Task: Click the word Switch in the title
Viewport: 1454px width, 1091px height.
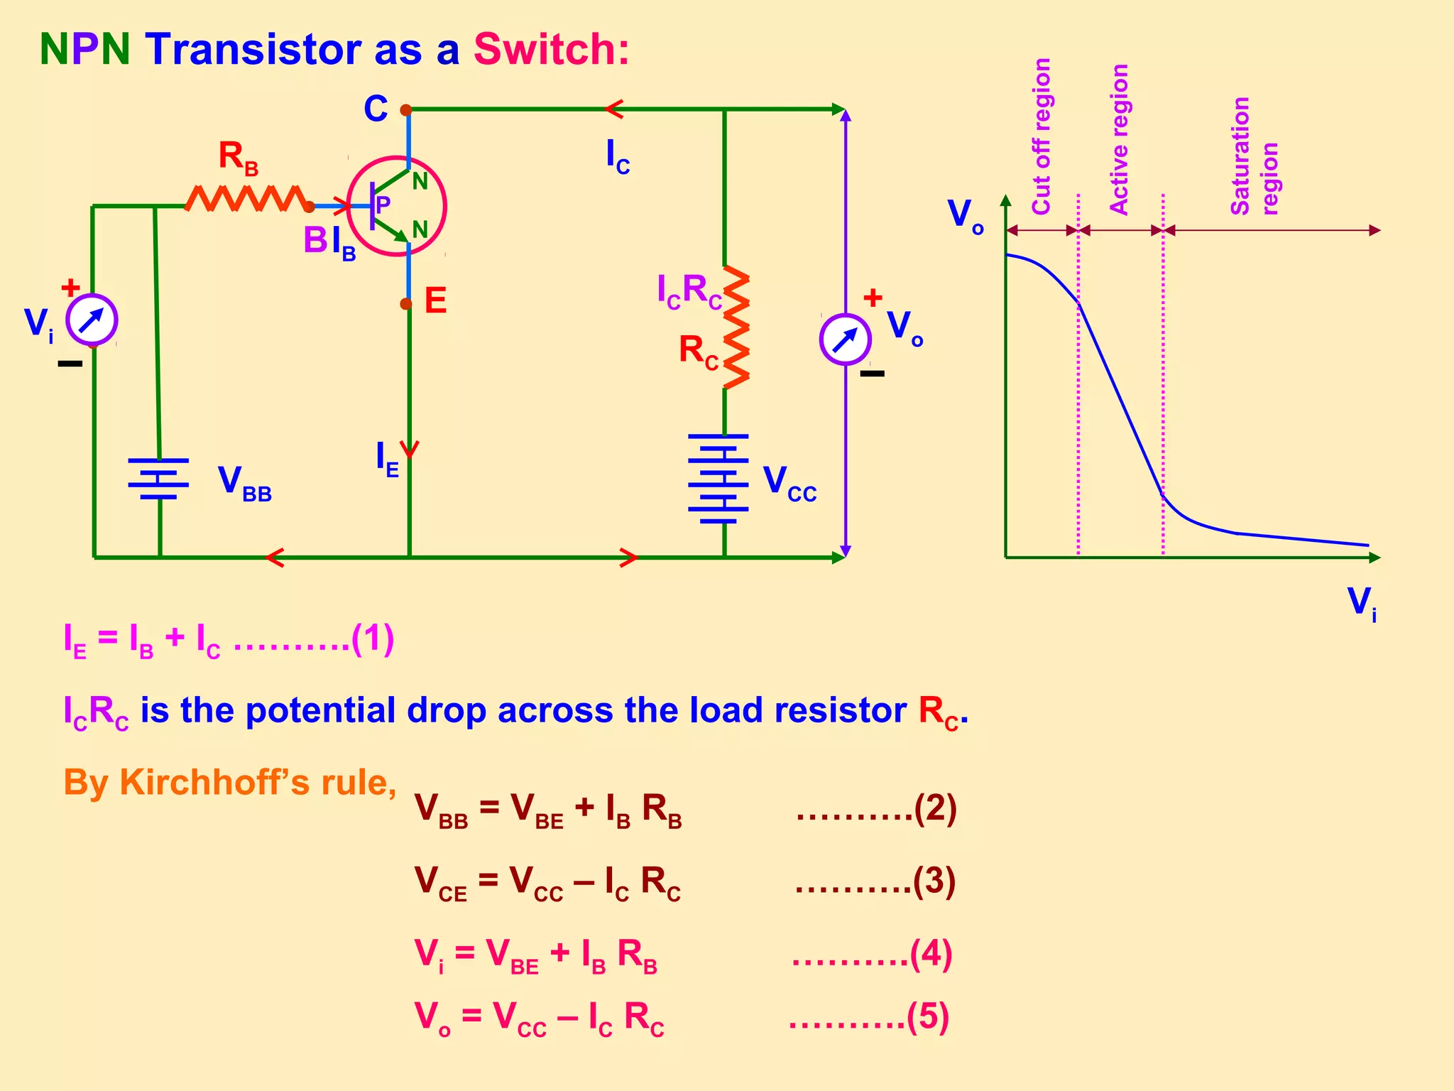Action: (550, 50)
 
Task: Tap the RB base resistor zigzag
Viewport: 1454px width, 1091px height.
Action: (246, 198)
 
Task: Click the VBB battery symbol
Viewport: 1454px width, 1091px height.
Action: (158, 479)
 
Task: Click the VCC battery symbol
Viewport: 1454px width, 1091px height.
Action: (718, 479)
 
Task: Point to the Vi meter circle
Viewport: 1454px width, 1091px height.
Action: (92, 320)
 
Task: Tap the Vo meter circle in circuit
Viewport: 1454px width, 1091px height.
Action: (845, 340)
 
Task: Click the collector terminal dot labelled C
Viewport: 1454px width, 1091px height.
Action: (405, 110)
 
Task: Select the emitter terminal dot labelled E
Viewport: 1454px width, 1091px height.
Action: (405, 304)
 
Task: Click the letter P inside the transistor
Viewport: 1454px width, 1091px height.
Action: (383, 205)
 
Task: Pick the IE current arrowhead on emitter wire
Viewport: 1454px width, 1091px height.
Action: (410, 450)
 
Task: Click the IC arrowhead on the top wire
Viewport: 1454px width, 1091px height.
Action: (613, 109)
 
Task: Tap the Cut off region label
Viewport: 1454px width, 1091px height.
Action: (1041, 136)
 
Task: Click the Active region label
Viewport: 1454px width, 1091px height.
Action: (1119, 139)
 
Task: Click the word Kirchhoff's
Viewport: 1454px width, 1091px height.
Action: (215, 782)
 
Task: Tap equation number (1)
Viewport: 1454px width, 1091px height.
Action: (373, 639)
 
